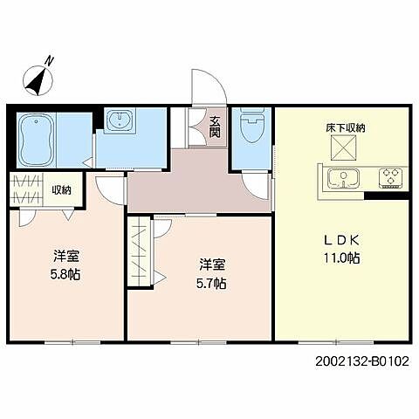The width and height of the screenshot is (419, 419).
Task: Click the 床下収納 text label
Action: [345, 127]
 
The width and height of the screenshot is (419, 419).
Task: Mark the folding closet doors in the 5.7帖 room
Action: [140, 253]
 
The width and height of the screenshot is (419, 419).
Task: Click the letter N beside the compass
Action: [51, 60]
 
